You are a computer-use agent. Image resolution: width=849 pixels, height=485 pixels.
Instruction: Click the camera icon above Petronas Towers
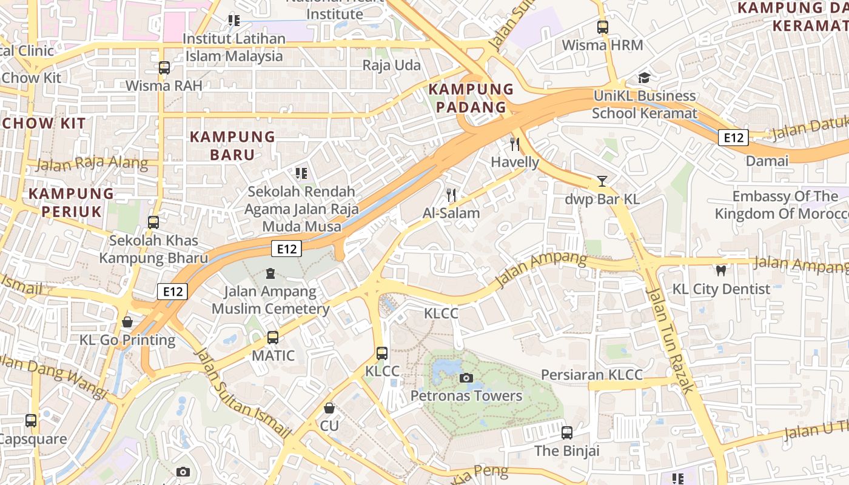466,378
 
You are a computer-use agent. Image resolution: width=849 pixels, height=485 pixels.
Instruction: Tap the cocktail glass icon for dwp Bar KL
602,181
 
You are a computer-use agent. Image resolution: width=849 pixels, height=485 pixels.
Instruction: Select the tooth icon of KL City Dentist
721,270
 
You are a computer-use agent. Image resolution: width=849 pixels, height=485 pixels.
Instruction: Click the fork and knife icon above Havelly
515,144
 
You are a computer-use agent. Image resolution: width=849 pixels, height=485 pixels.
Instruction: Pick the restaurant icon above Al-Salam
451,195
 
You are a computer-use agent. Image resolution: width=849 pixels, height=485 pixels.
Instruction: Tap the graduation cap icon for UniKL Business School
644,78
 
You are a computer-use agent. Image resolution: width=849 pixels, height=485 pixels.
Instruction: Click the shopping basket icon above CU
329,407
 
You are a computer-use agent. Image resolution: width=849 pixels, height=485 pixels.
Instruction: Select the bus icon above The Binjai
566,433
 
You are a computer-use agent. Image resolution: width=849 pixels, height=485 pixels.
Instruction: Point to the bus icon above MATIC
273,337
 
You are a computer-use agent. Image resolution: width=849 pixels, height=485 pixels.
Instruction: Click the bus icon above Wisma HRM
602,27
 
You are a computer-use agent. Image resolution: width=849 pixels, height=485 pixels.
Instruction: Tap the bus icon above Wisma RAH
164,67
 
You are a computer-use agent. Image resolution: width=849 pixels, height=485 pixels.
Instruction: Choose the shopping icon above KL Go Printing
127,321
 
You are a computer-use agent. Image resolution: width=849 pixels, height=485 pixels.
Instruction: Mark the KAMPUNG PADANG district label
468,98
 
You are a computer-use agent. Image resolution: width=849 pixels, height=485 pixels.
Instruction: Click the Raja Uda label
391,65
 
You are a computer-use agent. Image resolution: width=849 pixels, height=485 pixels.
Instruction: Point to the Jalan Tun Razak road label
669,339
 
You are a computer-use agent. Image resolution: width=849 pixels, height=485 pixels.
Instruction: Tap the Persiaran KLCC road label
591,375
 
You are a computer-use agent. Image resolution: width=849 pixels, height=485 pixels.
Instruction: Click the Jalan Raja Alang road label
92,163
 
